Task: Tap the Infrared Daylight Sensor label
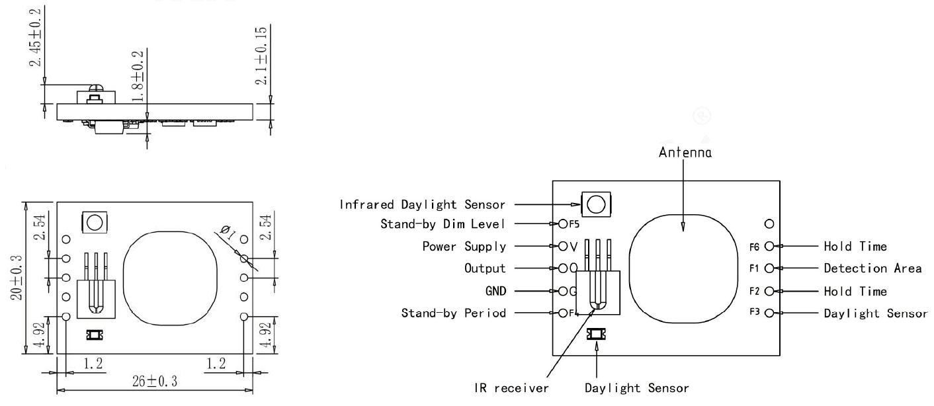pyautogui.click(x=422, y=204)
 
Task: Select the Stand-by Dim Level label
pyautogui.click(x=443, y=225)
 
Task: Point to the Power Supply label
pyautogui.click(x=464, y=247)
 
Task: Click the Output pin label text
pyautogui.click(x=485, y=268)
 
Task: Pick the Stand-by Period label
pyautogui.click(x=454, y=313)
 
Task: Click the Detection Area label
pyautogui.click(x=872, y=268)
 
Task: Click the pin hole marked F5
pyautogui.click(x=563, y=225)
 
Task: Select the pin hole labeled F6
pyautogui.click(x=769, y=247)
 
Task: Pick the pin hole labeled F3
pyautogui.click(x=769, y=313)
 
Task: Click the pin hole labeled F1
pyautogui.click(x=769, y=268)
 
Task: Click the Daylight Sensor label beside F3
pyautogui.click(x=875, y=313)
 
